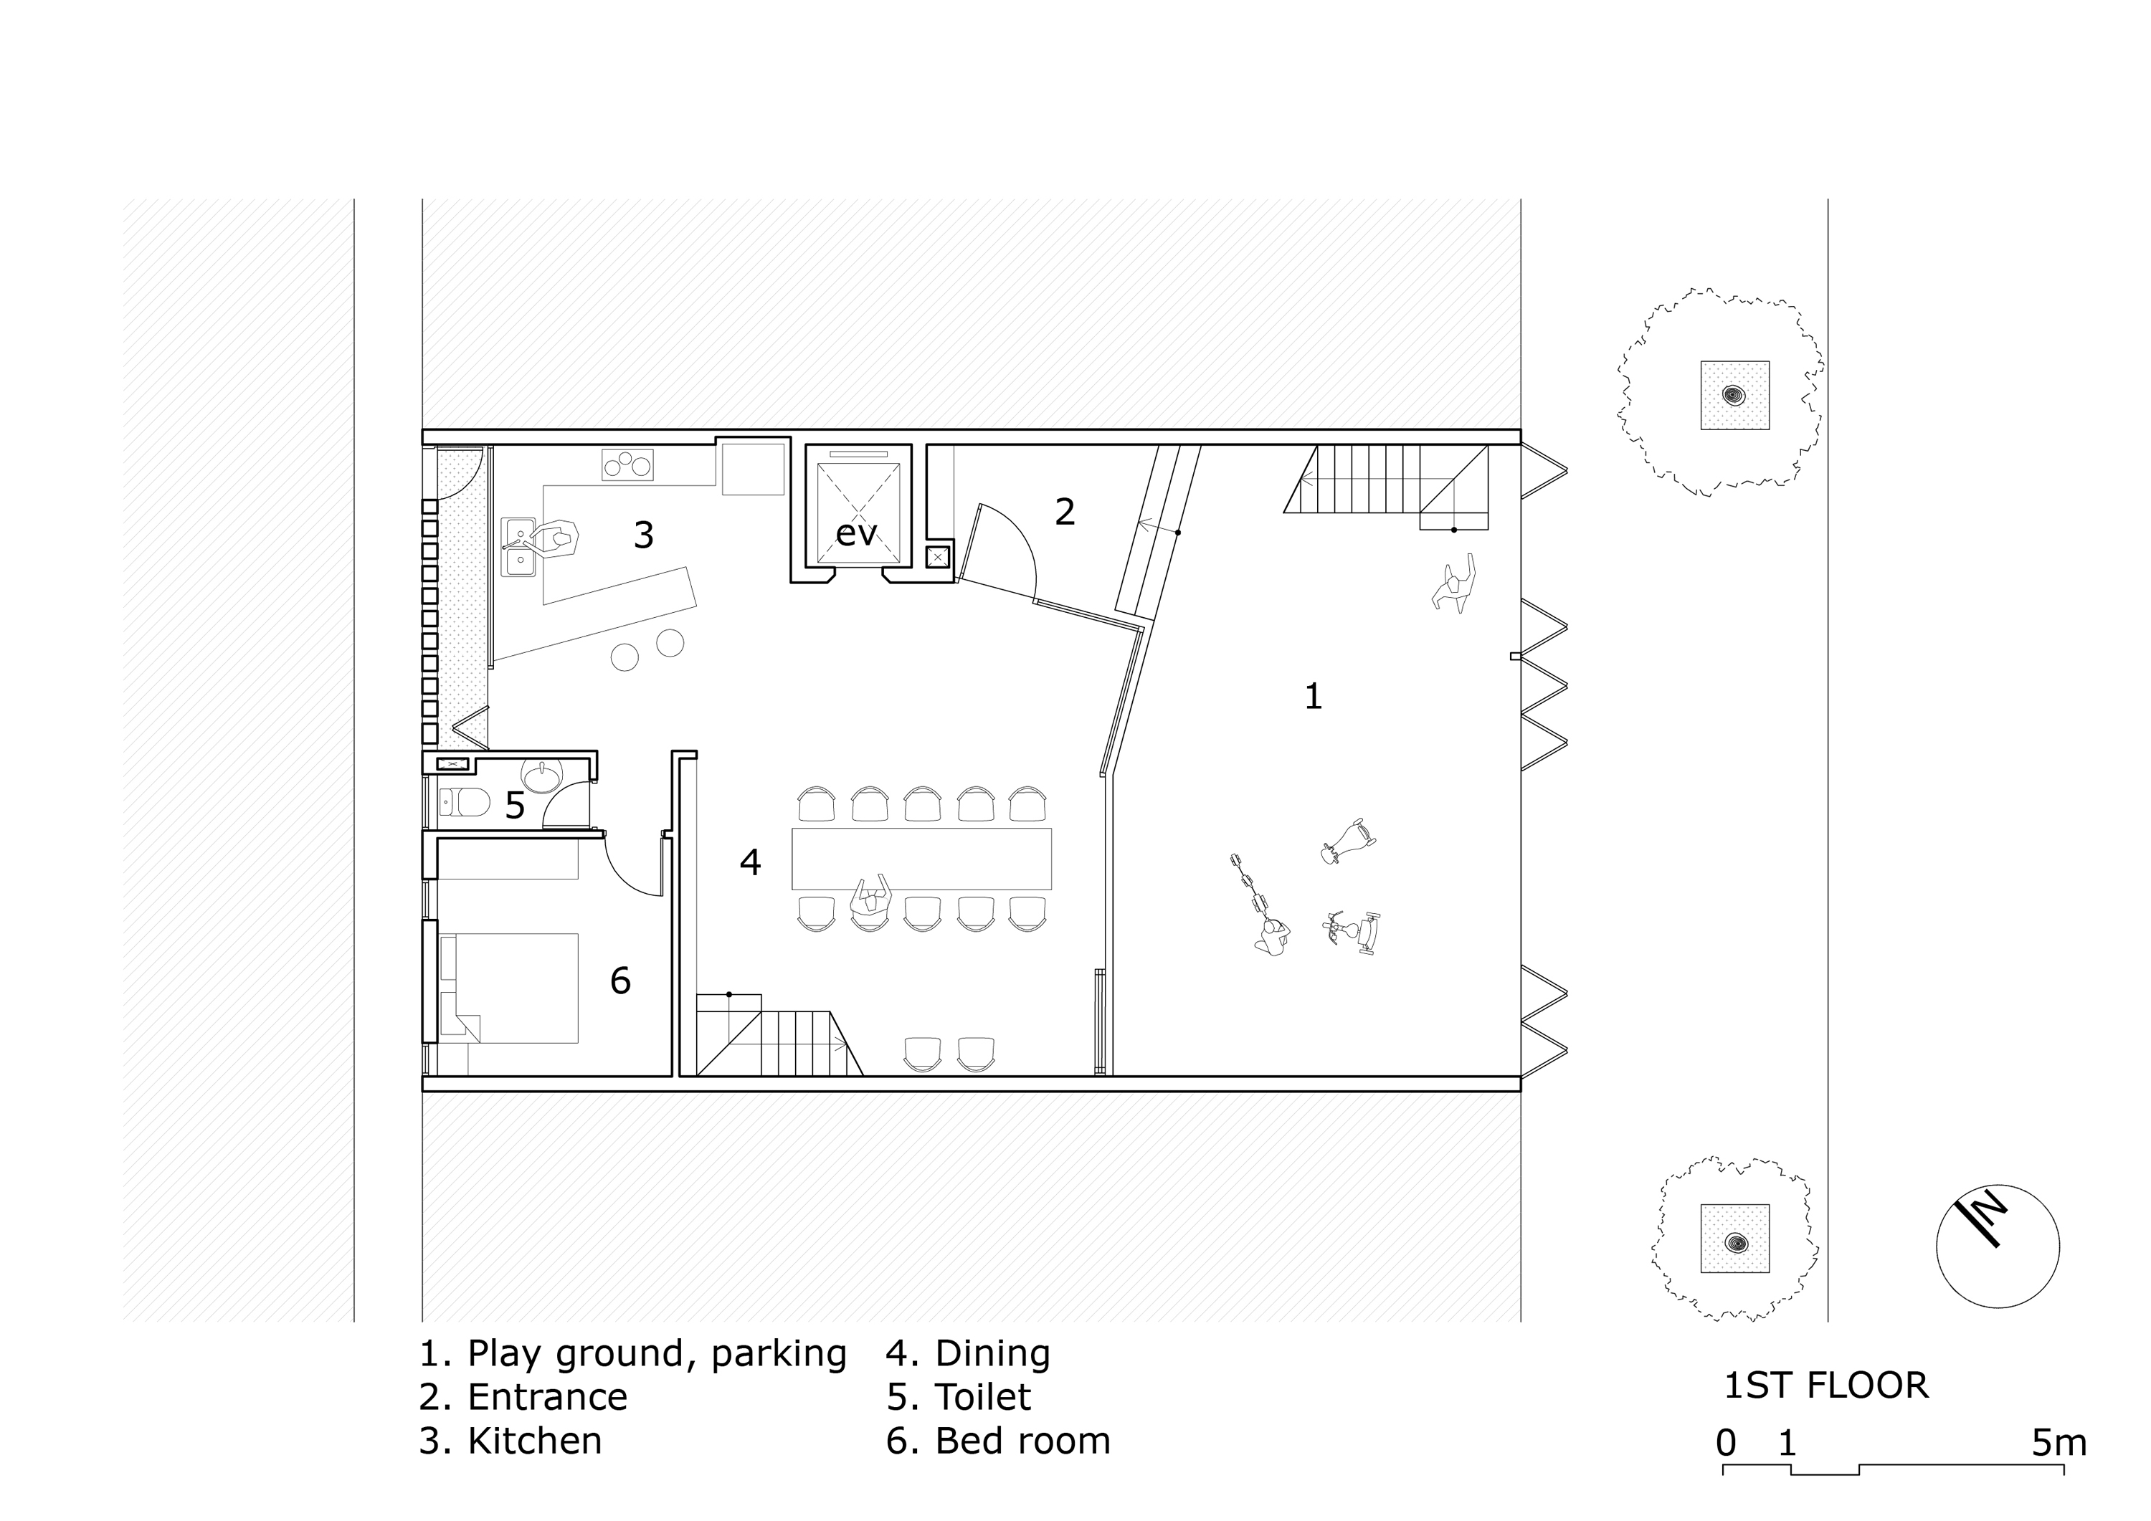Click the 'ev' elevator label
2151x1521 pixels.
point(855,535)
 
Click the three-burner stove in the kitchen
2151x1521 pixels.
point(627,465)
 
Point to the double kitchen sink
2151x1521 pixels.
point(517,547)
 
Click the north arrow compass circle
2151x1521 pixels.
point(1998,1246)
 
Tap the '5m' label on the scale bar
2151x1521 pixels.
point(2059,1444)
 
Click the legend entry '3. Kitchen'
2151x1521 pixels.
point(511,1441)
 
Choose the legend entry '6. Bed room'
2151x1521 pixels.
point(998,1441)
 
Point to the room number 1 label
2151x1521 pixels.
point(1314,696)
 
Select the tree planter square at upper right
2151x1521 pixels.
point(1735,395)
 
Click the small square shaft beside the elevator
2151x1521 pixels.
point(938,556)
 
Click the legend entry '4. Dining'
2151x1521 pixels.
point(969,1353)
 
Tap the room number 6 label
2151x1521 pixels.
point(620,981)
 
